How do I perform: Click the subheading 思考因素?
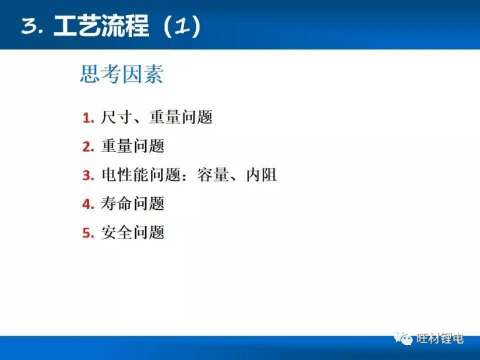(121, 75)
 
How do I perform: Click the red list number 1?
(88, 118)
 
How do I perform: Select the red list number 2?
(88, 147)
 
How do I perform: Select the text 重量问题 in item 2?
(133, 147)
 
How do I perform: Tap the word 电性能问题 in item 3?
(140, 175)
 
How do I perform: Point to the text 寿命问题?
(133, 204)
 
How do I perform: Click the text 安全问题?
(133, 233)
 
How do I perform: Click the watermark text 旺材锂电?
(439, 339)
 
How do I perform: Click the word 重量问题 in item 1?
(181, 117)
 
